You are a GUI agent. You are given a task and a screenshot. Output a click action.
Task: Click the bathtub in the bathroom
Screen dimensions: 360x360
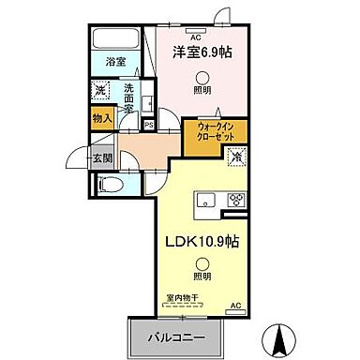pyautogui.click(x=116, y=40)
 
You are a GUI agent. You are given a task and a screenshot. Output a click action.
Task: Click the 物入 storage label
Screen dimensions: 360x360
pyautogui.click(x=102, y=118)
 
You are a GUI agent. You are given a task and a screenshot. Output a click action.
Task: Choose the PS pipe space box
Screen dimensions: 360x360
pyautogui.click(x=149, y=121)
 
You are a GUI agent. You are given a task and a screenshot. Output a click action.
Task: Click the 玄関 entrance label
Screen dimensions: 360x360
pyautogui.click(x=102, y=157)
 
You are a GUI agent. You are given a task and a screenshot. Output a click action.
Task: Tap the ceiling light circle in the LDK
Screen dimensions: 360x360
pyautogui.click(x=201, y=266)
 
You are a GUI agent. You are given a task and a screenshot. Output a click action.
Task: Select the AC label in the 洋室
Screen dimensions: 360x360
pyautogui.click(x=195, y=37)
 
